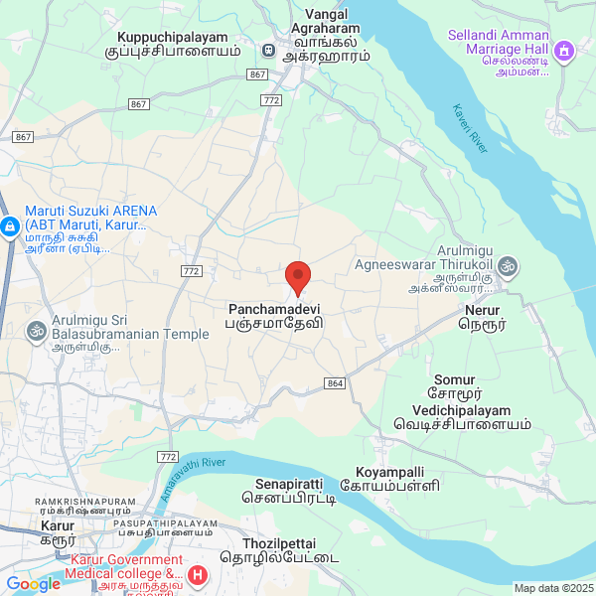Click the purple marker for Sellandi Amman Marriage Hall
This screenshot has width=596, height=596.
click(x=564, y=49)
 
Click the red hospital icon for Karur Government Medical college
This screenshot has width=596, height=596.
click(x=199, y=574)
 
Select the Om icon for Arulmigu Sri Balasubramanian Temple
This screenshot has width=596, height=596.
click(x=38, y=329)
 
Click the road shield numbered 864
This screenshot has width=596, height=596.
click(x=334, y=383)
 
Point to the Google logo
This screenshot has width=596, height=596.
click(x=34, y=584)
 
